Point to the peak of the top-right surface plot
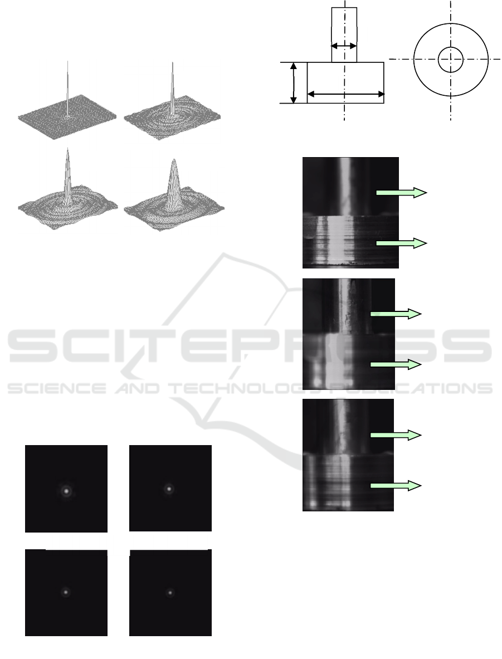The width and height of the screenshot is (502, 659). [x=172, y=63]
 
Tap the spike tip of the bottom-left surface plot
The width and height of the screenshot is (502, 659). [x=67, y=149]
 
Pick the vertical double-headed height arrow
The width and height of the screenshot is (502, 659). [x=294, y=83]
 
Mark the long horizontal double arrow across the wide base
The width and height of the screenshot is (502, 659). [x=345, y=94]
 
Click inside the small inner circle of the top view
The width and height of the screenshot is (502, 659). [x=451, y=59]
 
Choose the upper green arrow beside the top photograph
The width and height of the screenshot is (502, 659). [x=402, y=193]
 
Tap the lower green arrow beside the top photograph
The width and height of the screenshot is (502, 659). [x=402, y=243]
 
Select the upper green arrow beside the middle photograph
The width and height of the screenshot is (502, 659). [x=396, y=314]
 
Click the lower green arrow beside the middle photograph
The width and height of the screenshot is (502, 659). [x=396, y=364]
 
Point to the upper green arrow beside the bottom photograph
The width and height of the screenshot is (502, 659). [x=396, y=436]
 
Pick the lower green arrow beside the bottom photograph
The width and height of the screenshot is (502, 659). [x=396, y=486]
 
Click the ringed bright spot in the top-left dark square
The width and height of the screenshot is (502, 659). [x=66, y=490]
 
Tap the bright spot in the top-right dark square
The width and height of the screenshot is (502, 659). [x=169, y=489]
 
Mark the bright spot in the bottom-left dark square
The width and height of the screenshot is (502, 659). [x=66, y=593]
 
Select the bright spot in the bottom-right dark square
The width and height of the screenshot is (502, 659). [x=170, y=593]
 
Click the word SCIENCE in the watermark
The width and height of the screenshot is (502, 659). [x=57, y=388]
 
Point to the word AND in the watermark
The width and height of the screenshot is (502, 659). [x=137, y=388]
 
